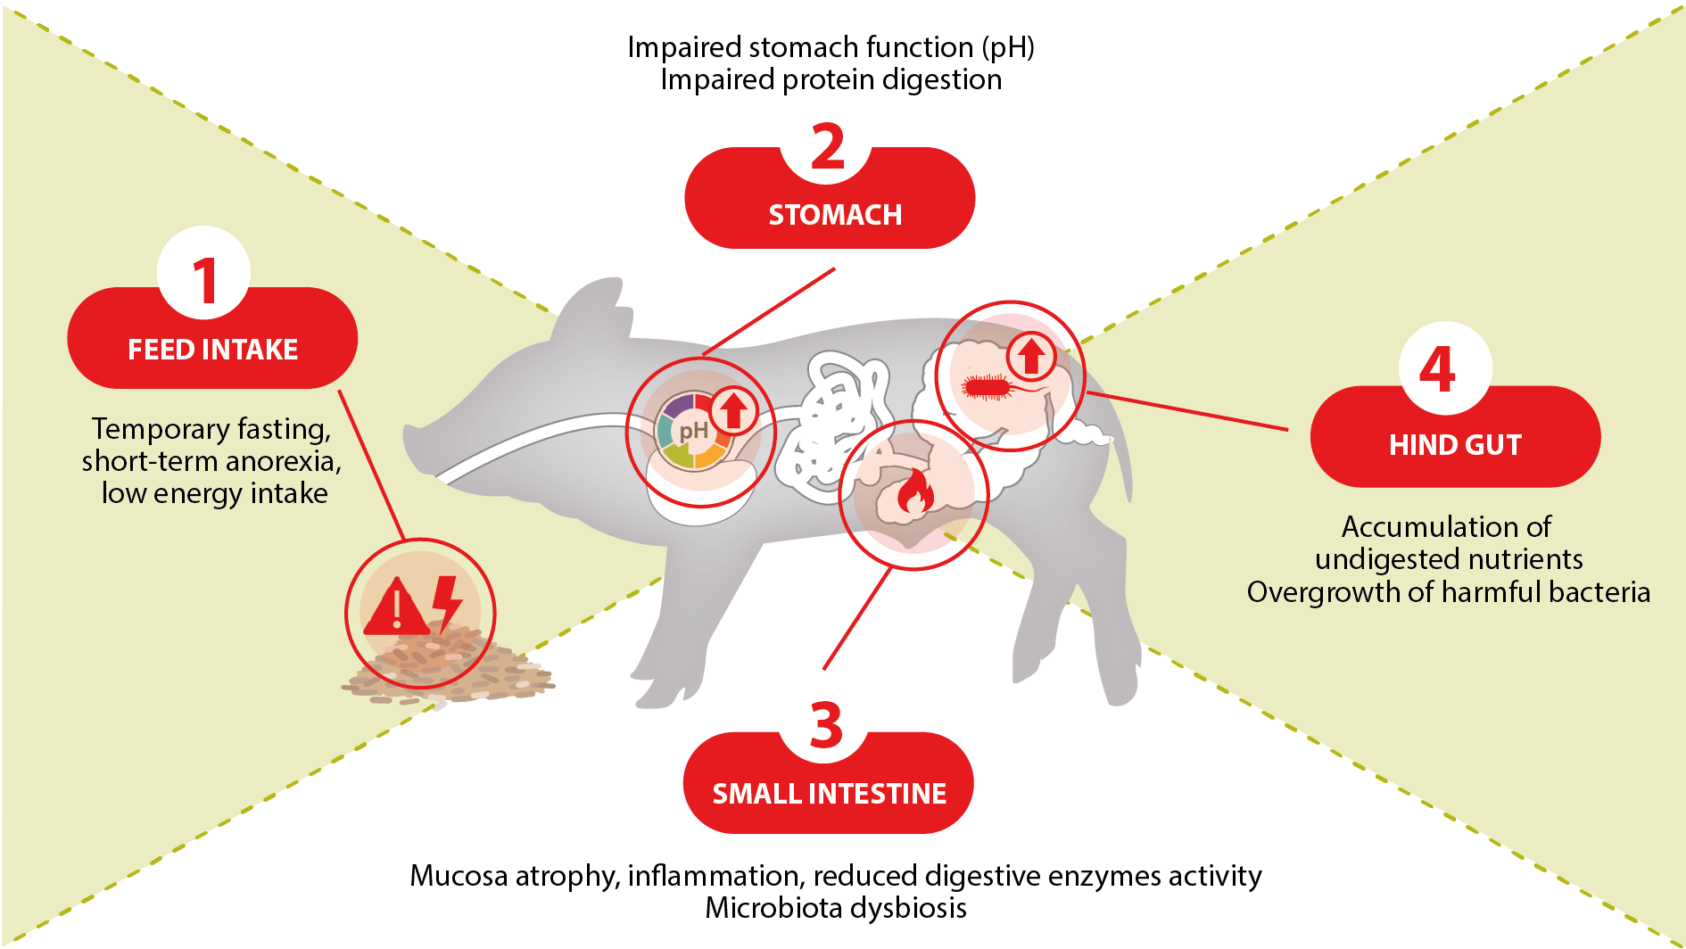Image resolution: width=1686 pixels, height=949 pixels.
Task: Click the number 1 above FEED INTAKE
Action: (x=205, y=280)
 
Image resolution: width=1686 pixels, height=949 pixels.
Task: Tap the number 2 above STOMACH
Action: (x=828, y=148)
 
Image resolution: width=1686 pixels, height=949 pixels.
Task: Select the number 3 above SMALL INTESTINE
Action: (x=826, y=725)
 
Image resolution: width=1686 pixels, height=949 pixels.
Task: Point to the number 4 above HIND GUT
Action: (x=1437, y=369)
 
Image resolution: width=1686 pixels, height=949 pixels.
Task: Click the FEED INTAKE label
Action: (x=212, y=349)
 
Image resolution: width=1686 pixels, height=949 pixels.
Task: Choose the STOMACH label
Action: (x=835, y=215)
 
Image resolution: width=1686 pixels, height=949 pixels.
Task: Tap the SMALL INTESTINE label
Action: (x=829, y=793)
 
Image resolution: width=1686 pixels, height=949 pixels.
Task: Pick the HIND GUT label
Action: (x=1455, y=444)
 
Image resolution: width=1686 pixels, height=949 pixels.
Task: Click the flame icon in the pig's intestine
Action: (x=914, y=493)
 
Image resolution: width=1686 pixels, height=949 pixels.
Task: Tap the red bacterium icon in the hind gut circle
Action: (x=986, y=386)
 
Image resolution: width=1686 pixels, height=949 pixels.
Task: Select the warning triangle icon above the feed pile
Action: (x=396, y=607)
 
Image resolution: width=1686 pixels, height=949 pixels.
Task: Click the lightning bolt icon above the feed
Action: (x=447, y=602)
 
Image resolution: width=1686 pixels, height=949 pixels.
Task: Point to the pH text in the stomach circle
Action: (x=693, y=432)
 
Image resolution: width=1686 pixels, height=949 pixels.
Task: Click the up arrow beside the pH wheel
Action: (x=734, y=410)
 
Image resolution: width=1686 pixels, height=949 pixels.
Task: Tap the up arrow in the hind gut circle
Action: (x=1032, y=356)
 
